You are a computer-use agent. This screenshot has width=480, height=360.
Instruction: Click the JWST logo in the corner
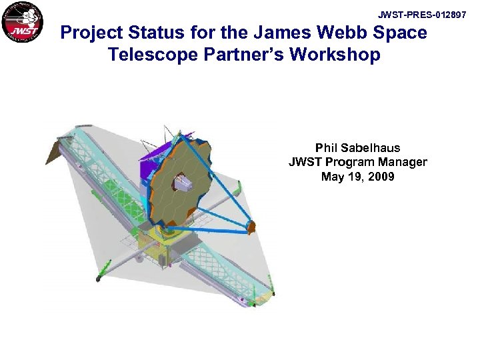(22, 23)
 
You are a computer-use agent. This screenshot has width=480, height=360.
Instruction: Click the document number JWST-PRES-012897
(422, 15)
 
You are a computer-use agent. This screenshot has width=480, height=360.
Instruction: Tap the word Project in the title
(94, 33)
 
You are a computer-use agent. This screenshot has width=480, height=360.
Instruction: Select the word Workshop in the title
(339, 55)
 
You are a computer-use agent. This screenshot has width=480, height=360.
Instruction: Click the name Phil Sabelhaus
(357, 147)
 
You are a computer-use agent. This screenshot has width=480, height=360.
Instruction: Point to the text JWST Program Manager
(357, 162)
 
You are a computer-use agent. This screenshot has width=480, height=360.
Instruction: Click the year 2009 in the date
(381, 177)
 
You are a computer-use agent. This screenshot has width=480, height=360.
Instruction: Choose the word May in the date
(332, 177)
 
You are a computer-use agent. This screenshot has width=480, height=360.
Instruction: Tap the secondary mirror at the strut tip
(251, 227)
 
